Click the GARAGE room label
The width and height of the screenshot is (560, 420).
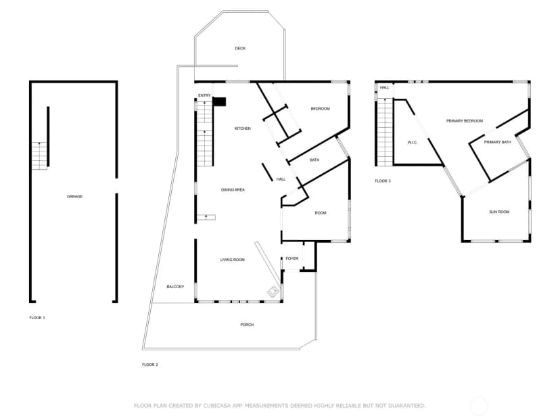coord(74,196)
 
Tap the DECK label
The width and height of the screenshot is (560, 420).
coord(240,48)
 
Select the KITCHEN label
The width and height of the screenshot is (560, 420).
coord(243,129)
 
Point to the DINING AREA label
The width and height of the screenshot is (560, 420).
coord(233,190)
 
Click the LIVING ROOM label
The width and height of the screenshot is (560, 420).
coord(233,260)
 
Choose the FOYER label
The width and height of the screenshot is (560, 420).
coord(291,258)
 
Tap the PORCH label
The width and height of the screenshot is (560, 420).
coord(247,325)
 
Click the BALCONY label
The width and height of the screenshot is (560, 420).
coord(175,287)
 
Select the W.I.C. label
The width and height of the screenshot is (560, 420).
coord(412,143)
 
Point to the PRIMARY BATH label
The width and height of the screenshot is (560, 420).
coord(498,142)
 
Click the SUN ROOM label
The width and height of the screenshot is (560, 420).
coord(499,212)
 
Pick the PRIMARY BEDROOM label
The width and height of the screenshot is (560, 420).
coord(465,121)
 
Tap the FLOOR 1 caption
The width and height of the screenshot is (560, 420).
coord(37,318)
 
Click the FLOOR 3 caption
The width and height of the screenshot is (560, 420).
coord(383,181)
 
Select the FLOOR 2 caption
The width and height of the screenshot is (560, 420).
coord(150,365)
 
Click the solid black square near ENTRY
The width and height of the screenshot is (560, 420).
coord(219,101)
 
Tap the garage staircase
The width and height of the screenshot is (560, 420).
coord(40,156)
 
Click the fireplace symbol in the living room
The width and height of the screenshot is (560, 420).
coord(274,291)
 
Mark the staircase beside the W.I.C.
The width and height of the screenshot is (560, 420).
coord(385,132)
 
